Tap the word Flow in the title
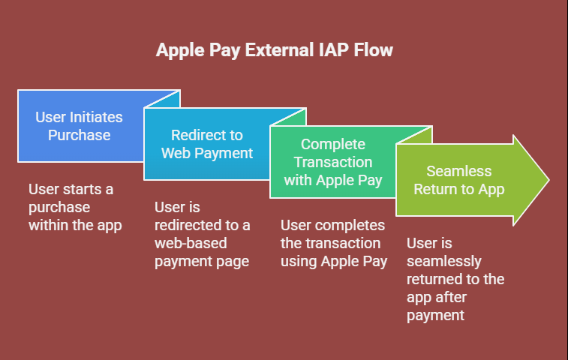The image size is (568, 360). click(x=373, y=49)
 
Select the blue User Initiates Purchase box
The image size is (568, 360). click(x=80, y=126)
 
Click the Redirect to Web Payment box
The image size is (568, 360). click(x=206, y=144)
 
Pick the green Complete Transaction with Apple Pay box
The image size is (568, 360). click(x=333, y=162)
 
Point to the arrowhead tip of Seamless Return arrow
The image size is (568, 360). click(x=549, y=180)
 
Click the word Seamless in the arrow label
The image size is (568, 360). click(x=459, y=171)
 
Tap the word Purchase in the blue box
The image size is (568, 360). click(x=80, y=135)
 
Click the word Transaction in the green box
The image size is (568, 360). click(x=333, y=162)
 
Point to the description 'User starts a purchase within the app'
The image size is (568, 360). click(x=75, y=207)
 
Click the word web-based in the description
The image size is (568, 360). click(x=191, y=243)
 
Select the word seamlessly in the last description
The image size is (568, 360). click(x=443, y=261)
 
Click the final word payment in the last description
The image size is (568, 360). click(x=435, y=316)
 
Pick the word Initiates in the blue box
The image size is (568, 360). click(x=96, y=117)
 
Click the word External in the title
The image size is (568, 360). click(x=279, y=49)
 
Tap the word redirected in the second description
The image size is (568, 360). click(x=188, y=225)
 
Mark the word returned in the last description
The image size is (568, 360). click(x=435, y=279)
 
